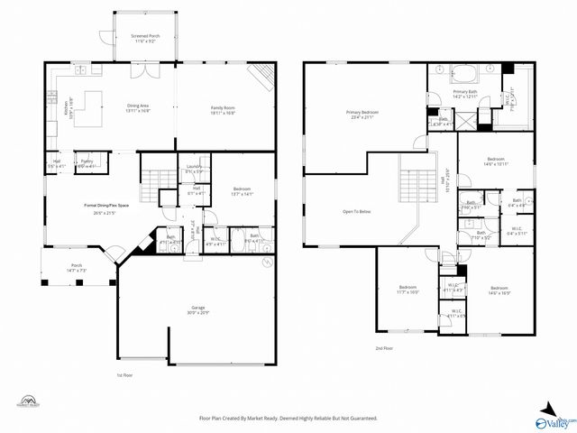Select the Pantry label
[87, 164]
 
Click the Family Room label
[223, 109]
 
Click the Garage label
[197, 309]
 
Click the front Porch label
[78, 267]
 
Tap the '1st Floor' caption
[125, 374]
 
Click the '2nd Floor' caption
[385, 348]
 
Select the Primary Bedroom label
[362, 114]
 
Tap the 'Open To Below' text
[356, 212]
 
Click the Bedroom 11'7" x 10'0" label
[408, 290]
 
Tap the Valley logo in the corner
[554, 418]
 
